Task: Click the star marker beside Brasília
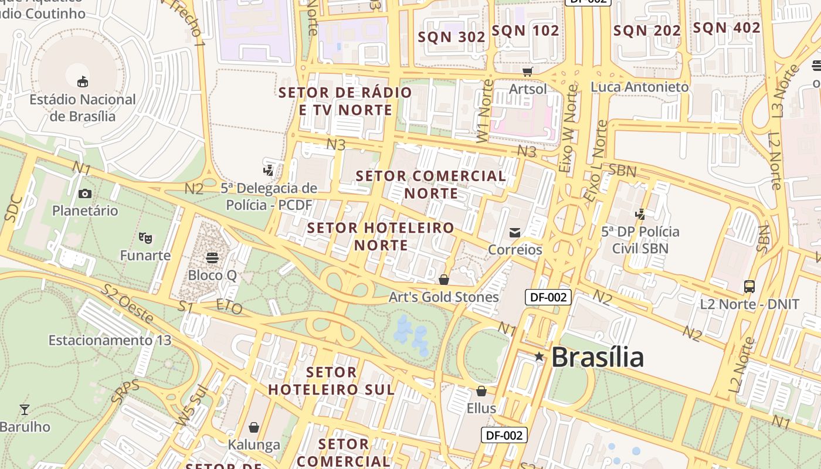point(539,356)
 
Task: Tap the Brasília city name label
point(598,357)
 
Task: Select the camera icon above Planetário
point(85,193)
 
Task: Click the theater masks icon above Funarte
point(145,237)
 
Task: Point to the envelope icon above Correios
point(515,233)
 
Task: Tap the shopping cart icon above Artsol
point(528,72)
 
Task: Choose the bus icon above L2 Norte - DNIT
point(749,287)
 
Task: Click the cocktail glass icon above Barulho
point(25,409)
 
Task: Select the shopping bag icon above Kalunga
point(254,427)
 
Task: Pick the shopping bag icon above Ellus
point(481,390)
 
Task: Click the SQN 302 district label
point(452,37)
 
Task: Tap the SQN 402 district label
point(727,28)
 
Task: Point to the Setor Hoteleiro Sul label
point(331,380)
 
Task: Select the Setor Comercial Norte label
point(431,184)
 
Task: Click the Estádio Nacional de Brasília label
point(83,107)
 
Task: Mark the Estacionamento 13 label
point(110,340)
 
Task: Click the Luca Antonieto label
point(640,87)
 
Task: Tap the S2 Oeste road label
point(127,303)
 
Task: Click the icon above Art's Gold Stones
point(444,280)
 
